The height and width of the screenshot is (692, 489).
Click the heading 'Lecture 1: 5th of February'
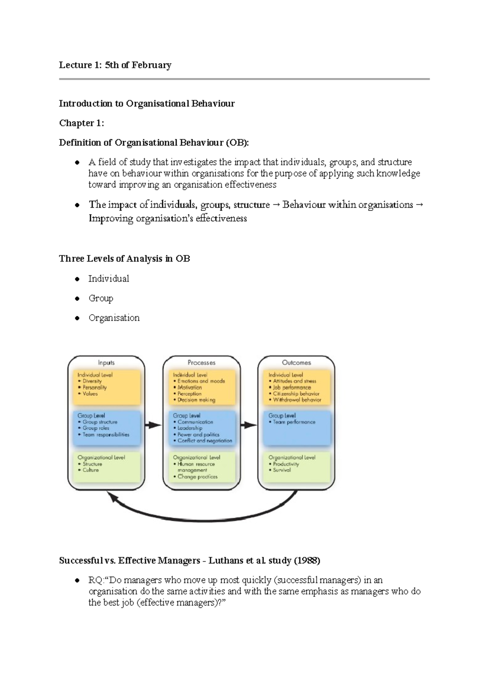pyautogui.click(x=115, y=65)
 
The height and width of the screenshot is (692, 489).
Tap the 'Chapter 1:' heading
pyautogui.click(x=81, y=123)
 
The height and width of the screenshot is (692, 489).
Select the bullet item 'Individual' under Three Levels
pyautogui.click(x=108, y=279)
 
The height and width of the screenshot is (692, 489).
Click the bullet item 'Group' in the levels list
pyautogui.click(x=101, y=298)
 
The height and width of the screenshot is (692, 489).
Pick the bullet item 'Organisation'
pyautogui.click(x=114, y=318)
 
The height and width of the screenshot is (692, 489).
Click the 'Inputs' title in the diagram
pyautogui.click(x=106, y=362)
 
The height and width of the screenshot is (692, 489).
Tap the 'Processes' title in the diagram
pyautogui.click(x=201, y=362)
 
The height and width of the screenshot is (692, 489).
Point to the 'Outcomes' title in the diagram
pyautogui.click(x=296, y=362)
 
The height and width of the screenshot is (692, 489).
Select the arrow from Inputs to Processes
pyautogui.click(x=154, y=425)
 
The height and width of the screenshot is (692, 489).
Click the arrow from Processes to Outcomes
pyautogui.click(x=249, y=425)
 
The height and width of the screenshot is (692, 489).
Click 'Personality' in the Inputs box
pyautogui.click(x=95, y=387)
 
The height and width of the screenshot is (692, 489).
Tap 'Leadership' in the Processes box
pyautogui.click(x=190, y=428)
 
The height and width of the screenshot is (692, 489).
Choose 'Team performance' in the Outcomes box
pyautogui.click(x=294, y=422)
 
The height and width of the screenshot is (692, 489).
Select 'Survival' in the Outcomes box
pyautogui.click(x=282, y=470)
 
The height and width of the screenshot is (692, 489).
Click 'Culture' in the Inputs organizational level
pyautogui.click(x=90, y=470)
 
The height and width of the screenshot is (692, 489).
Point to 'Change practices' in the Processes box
pyautogui.click(x=198, y=477)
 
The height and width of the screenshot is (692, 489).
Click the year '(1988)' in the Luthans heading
pyautogui.click(x=307, y=561)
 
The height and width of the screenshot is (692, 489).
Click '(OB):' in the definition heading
pyautogui.click(x=237, y=143)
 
